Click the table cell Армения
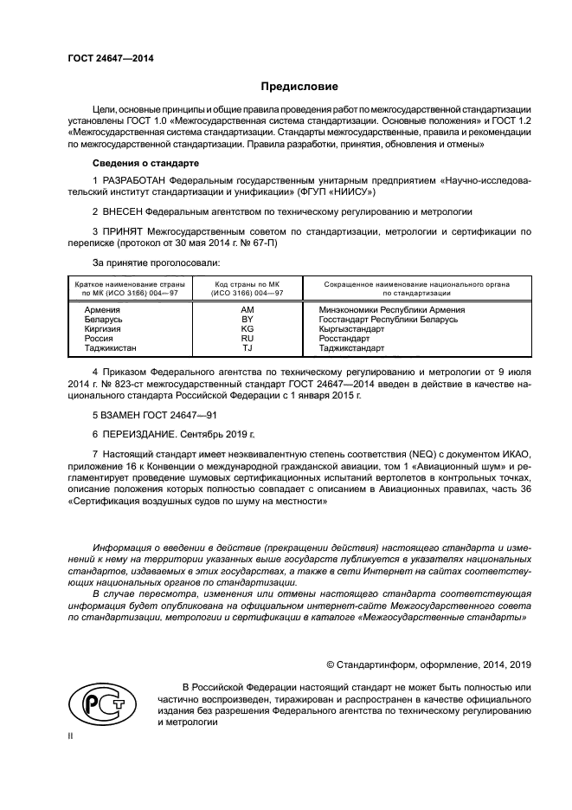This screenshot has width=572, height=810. (x=103, y=309)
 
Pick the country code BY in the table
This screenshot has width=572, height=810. (x=247, y=320)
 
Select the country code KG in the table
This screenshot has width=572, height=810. (x=247, y=329)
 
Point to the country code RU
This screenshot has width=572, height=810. (x=247, y=339)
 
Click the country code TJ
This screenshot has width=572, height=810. (x=247, y=348)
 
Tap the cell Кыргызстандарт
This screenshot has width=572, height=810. (x=357, y=329)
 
